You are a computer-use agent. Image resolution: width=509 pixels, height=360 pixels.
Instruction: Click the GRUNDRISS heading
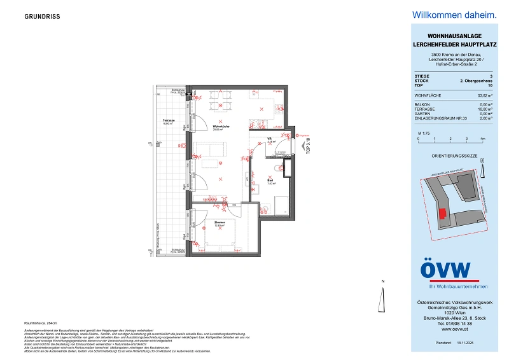(x=43, y=17)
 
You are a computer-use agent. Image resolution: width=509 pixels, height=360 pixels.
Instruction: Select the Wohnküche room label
(x=221, y=127)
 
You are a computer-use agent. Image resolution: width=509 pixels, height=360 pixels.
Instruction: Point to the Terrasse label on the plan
(x=169, y=121)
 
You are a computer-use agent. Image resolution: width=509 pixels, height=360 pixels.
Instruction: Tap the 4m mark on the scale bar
(x=483, y=138)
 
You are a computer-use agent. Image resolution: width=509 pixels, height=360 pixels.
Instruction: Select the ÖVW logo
(x=446, y=270)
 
